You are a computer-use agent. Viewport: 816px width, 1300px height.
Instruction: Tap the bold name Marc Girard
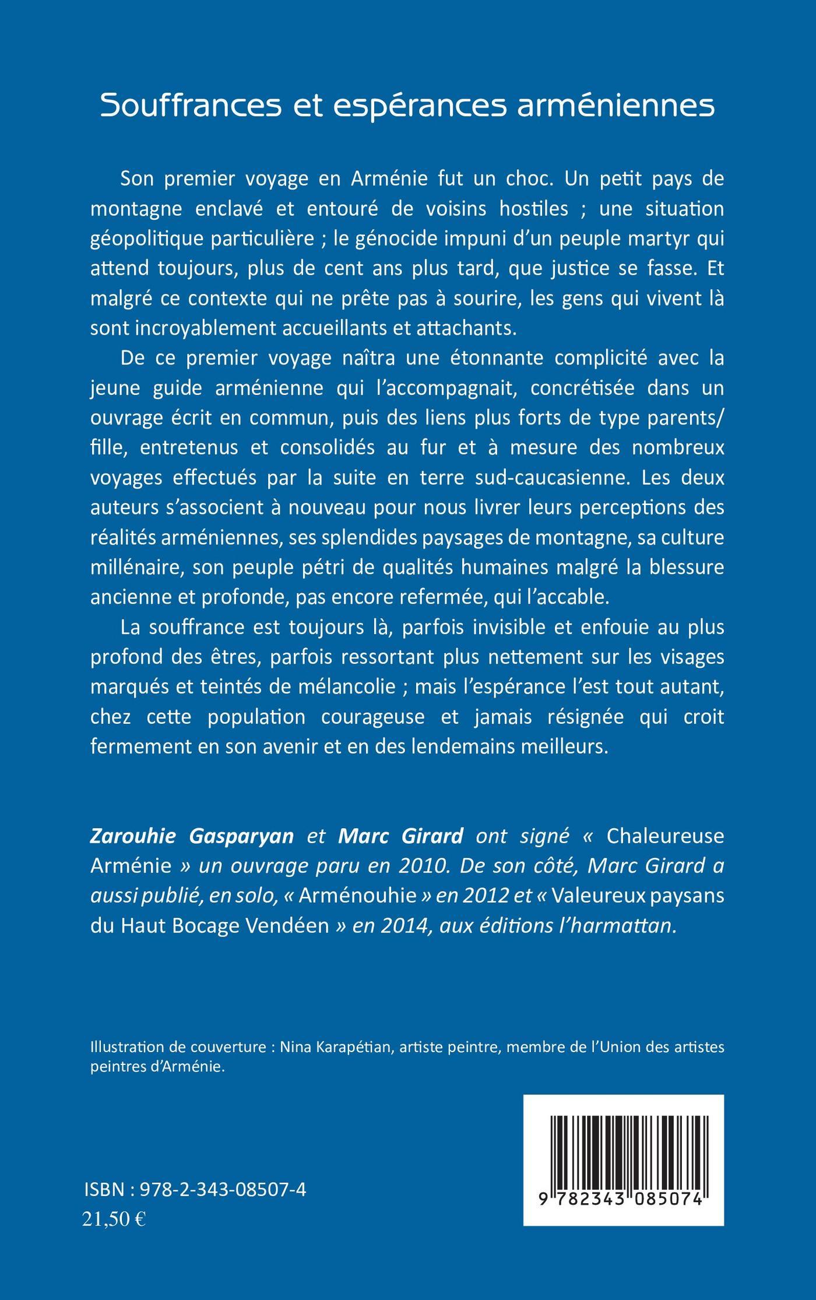[400, 836]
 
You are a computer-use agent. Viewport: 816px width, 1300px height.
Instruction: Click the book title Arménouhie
[357, 896]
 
